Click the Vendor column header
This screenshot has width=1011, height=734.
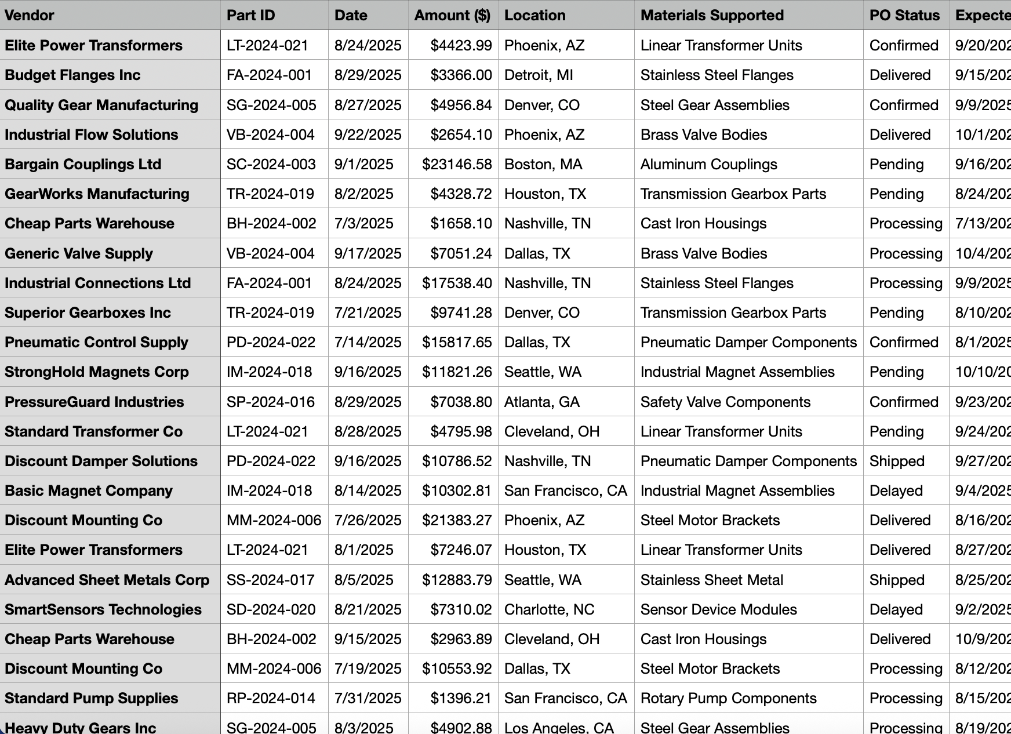pyautogui.click(x=30, y=16)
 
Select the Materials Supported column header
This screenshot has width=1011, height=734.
pyautogui.click(x=712, y=16)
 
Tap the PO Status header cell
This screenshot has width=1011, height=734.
pyautogui.click(x=904, y=16)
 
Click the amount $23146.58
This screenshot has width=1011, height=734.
pyautogui.click(x=457, y=165)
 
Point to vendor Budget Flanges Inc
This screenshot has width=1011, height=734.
pyautogui.click(x=72, y=75)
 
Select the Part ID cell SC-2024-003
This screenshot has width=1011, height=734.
pyautogui.click(x=271, y=165)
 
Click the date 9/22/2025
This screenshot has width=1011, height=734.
pyautogui.click(x=368, y=135)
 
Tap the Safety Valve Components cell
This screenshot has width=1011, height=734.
pyautogui.click(x=725, y=402)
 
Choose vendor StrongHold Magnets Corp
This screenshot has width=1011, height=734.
pyautogui.click(x=97, y=372)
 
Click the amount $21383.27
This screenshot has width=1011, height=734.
pyautogui.click(x=457, y=521)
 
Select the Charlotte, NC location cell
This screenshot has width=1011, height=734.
pyautogui.click(x=549, y=610)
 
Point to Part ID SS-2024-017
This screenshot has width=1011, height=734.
pyautogui.click(x=271, y=580)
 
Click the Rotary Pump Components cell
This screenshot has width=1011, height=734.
pyautogui.click(x=728, y=699)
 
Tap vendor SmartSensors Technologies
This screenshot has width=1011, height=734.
pyautogui.click(x=103, y=610)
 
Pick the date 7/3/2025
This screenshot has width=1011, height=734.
pyautogui.click(x=363, y=224)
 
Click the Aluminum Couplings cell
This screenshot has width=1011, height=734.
pyautogui.click(x=708, y=165)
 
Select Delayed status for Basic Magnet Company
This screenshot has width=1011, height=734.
pyautogui.click(x=896, y=491)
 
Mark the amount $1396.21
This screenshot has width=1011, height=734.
pyautogui.click(x=461, y=699)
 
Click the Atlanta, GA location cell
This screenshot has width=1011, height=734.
pyautogui.click(x=541, y=402)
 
